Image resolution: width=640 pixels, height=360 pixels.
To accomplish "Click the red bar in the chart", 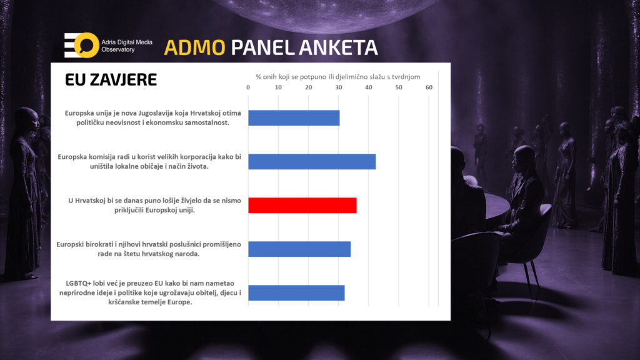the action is point(302,205).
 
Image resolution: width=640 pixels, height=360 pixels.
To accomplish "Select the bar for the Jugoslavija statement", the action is point(294,118).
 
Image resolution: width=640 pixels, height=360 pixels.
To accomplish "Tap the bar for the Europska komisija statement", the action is point(312,162).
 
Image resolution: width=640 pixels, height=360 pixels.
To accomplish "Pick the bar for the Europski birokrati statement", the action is point(299,249).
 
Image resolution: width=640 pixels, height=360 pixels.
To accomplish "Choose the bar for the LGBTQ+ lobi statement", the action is point(297,293).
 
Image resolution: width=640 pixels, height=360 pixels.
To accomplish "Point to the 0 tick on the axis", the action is point(248,87).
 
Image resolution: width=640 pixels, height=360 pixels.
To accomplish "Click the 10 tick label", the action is point(278,87).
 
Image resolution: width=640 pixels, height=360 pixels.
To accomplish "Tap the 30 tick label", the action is point(338,87).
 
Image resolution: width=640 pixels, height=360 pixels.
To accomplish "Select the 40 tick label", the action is point(369,87).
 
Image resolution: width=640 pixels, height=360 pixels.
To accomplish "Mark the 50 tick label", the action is point(399,87).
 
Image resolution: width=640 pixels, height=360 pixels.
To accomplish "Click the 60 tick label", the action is point(429,87).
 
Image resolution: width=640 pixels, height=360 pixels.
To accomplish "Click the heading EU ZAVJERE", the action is point(111,79).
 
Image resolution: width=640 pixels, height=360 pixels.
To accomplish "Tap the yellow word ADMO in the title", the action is point(195,47).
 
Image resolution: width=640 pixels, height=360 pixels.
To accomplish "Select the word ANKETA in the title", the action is point(338,47).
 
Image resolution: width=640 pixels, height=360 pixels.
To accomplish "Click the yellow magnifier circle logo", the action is point(86,45).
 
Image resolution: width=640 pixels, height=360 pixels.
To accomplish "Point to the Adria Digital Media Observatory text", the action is point(127,46).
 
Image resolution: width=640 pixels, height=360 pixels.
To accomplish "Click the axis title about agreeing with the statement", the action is point(338,77).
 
